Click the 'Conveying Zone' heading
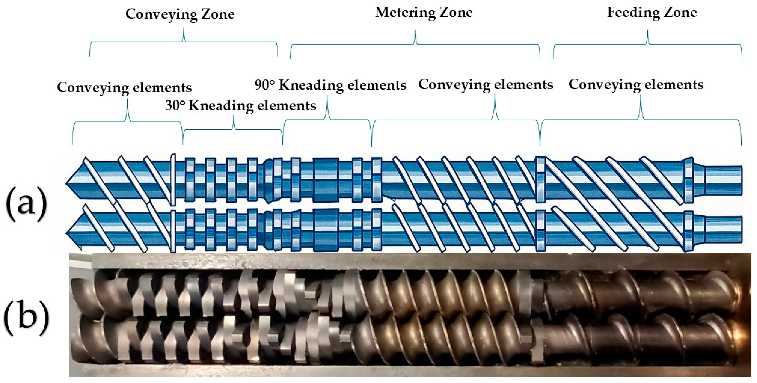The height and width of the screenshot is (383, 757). coord(180,14)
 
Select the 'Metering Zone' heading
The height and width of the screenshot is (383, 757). coord(424,12)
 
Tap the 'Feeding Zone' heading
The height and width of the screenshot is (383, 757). coord(652,12)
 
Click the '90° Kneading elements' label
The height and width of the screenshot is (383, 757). coord(330,85)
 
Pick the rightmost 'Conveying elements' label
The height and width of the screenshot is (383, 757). coord(636,85)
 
